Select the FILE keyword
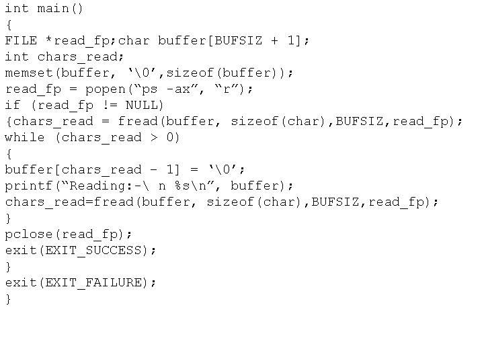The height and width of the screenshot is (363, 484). click(21, 40)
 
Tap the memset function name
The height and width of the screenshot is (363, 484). click(29, 73)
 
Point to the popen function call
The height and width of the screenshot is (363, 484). click(106, 89)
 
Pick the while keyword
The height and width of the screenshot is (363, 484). click(25, 137)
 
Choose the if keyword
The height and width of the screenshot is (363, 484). click(13, 105)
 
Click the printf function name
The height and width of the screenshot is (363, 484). click(29, 186)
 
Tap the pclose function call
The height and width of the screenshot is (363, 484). click(29, 234)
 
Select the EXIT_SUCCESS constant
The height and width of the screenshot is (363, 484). click(102, 250)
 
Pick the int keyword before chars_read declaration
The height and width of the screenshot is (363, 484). click(17, 56)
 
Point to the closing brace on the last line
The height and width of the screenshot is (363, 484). click(9, 298)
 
